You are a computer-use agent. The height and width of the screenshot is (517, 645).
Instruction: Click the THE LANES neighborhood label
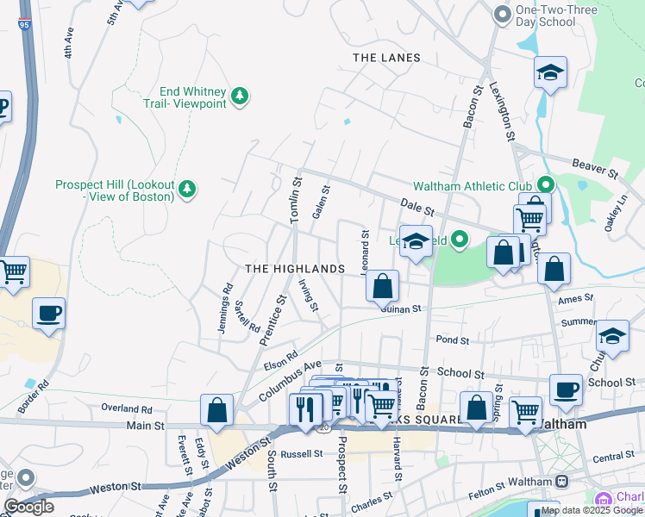tap(386, 58)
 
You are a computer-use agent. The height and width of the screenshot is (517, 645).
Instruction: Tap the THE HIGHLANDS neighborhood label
tap(295, 269)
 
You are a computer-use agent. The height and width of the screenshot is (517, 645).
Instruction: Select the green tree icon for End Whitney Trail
tap(241, 96)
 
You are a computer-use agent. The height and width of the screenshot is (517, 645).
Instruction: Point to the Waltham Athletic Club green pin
tap(545, 185)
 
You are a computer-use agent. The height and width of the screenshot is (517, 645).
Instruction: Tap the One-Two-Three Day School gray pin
tap(502, 14)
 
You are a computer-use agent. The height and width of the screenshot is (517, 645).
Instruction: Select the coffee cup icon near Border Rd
tap(48, 313)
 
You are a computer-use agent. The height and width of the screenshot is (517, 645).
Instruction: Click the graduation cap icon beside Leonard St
tap(416, 241)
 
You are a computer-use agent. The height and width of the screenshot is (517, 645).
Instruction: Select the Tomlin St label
tap(295, 201)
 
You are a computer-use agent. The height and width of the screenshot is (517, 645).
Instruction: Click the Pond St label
tap(451, 340)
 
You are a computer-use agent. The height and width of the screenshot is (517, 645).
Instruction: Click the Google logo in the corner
tap(28, 507)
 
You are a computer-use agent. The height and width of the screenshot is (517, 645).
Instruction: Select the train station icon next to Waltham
tap(562, 481)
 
